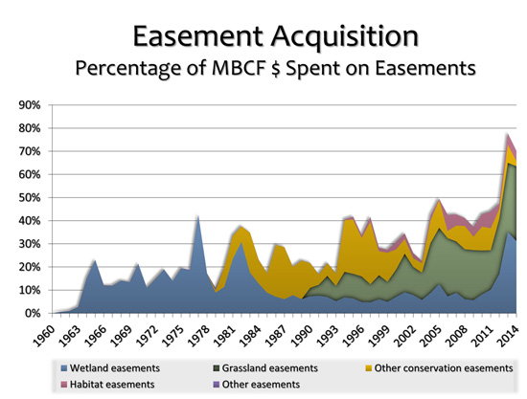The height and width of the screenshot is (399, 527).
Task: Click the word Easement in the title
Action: coord(198,36)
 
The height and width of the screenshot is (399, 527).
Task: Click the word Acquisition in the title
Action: coord(345,37)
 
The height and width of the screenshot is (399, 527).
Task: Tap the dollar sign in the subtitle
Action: coord(275,68)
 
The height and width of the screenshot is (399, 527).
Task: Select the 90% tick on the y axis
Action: coord(30,105)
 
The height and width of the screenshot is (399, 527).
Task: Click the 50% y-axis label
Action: coord(30,198)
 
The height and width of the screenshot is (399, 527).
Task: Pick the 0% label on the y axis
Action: coord(33,314)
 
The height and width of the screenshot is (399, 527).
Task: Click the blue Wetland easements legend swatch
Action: coord(64,368)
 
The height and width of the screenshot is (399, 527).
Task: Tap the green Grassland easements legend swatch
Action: coord(217,368)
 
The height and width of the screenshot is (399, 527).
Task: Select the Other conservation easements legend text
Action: coord(444,368)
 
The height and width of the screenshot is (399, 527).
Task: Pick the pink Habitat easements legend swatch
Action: coord(64,385)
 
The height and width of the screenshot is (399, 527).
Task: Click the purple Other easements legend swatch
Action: coord(217,385)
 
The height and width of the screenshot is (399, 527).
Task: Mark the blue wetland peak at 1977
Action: coord(198,217)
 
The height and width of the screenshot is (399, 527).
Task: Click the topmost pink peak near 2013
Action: coord(508,134)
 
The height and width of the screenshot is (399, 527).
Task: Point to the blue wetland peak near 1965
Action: coord(95,260)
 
